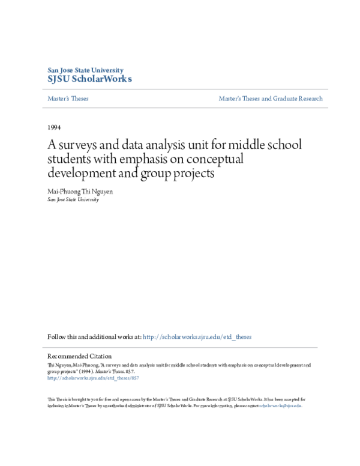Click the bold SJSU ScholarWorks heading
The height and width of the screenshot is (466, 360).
(90, 79)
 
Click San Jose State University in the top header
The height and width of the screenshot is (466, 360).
(85, 70)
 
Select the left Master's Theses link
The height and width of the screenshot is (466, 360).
(68, 98)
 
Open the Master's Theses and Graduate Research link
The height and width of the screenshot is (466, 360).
(270, 98)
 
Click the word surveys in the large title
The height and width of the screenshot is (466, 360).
(80, 146)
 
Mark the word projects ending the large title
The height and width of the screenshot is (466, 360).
(193, 174)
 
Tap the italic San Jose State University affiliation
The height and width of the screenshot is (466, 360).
(73, 199)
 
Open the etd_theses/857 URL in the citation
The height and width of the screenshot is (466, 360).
(93, 378)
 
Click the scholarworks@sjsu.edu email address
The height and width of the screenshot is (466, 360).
(280, 405)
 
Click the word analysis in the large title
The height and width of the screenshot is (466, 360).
(163, 146)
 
